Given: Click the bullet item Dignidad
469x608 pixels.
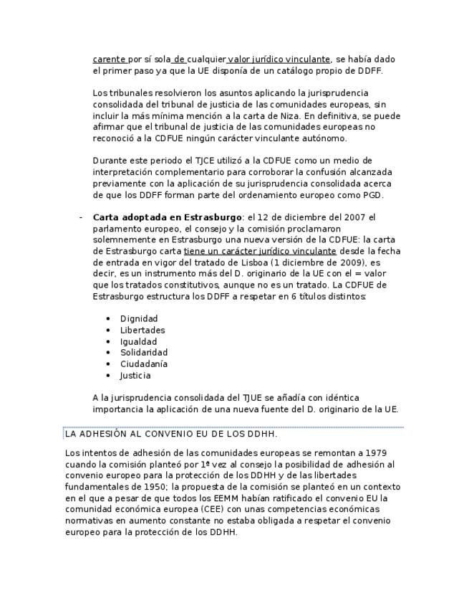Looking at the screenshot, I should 139,318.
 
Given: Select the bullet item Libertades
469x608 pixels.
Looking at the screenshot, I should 142,330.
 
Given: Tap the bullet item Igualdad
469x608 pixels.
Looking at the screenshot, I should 138,341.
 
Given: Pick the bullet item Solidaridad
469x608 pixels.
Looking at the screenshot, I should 144,353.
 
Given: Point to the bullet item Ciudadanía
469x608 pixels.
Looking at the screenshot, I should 144,364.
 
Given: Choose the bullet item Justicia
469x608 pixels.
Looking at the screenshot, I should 135,376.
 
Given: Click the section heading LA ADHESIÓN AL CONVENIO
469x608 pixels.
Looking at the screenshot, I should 171,434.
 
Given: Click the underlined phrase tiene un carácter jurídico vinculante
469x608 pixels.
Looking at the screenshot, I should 260,252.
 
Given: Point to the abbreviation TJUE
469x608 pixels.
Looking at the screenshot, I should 255,398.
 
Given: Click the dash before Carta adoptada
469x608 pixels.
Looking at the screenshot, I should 81,217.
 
